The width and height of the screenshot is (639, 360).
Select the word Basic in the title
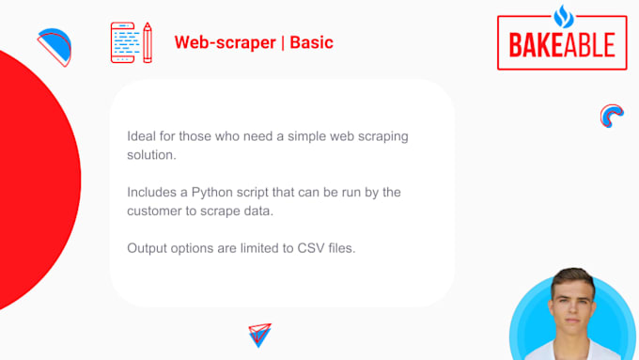311,43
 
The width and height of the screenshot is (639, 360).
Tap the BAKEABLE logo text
561,43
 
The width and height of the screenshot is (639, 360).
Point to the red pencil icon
147,43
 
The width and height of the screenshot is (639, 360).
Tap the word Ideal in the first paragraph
141,136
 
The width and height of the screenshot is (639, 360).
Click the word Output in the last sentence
148,248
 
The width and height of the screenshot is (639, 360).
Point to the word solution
150,154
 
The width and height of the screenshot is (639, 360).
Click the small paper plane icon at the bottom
259,335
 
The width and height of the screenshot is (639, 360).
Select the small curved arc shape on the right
612,115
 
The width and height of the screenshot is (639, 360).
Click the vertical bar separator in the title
283,43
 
